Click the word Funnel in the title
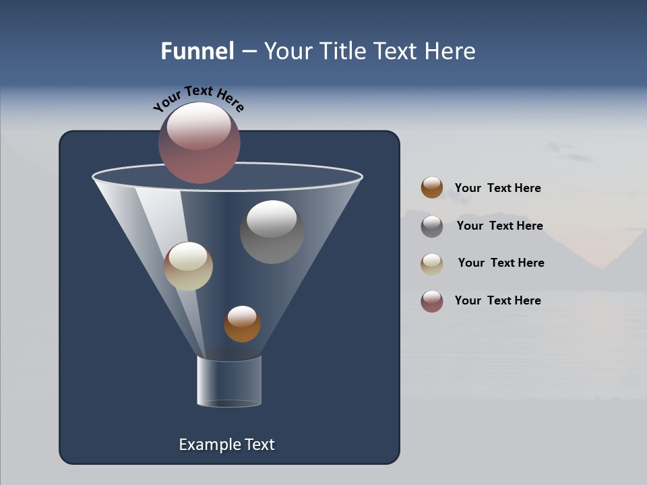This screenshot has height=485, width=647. [x=197, y=51]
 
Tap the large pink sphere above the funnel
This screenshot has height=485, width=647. [x=199, y=143]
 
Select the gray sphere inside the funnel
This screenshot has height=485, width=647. [x=272, y=232]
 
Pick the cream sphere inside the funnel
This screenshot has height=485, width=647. [x=188, y=266]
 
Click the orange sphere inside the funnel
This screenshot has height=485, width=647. [x=242, y=324]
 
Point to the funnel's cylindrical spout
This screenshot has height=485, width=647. [x=229, y=382]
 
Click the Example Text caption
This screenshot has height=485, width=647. [x=227, y=445]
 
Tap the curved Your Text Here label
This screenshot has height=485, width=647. [x=198, y=98]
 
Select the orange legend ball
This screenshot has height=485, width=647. [x=432, y=188]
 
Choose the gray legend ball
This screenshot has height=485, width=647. [x=432, y=226]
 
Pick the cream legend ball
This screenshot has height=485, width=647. [x=432, y=264]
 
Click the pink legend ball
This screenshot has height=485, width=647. [x=432, y=301]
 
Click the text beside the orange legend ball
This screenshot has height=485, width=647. [x=498, y=188]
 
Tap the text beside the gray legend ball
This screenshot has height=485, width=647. [x=499, y=226]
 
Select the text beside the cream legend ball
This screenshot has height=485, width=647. [x=501, y=263]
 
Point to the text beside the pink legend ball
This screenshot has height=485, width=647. [x=498, y=300]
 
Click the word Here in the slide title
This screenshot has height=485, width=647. [x=452, y=51]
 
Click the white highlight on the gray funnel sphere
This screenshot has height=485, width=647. [x=272, y=219]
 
